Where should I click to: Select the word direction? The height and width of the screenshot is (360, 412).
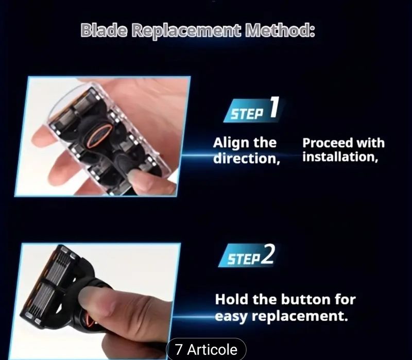247,158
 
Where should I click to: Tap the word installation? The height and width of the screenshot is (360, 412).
340,157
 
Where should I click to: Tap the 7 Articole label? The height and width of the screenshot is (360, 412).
206,350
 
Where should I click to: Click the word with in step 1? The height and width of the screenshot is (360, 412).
370,143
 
